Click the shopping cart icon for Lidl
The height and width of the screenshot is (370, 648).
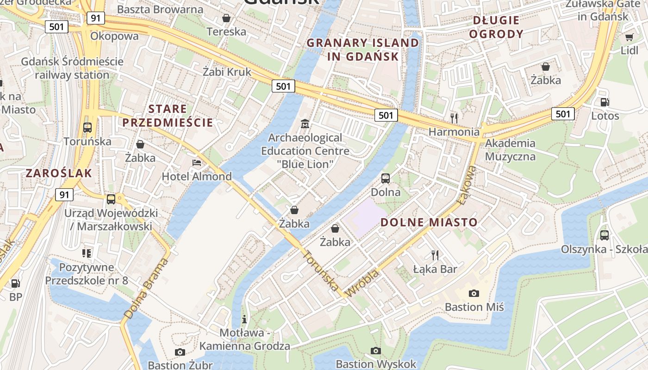(x=629, y=37)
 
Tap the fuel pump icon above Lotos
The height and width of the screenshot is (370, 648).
(x=604, y=102)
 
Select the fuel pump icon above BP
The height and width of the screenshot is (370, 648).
(x=16, y=283)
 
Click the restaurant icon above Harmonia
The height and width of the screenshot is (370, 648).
(x=454, y=118)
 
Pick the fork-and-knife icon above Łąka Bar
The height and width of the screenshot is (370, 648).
(x=435, y=255)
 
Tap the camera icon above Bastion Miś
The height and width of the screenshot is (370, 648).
(x=474, y=293)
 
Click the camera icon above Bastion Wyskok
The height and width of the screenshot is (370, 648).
(x=376, y=351)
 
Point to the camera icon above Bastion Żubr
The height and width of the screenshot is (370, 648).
(x=180, y=352)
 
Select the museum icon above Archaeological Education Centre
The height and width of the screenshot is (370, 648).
(x=305, y=124)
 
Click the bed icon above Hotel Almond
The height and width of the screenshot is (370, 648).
(x=197, y=163)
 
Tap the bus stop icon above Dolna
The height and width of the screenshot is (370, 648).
(x=386, y=178)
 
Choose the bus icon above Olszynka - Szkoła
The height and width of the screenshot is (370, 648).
(x=604, y=235)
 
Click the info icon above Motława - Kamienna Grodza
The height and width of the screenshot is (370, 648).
(x=244, y=319)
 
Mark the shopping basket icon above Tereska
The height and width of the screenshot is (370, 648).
(x=226, y=18)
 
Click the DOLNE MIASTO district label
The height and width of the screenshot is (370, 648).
(x=429, y=222)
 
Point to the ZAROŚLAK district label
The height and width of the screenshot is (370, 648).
(x=59, y=173)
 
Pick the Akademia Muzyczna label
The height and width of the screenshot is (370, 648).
(x=510, y=150)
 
